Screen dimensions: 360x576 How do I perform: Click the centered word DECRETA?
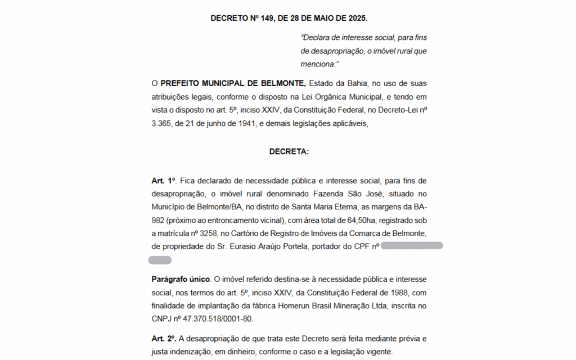coord(289,152)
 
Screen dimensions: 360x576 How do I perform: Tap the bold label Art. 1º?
coord(164,181)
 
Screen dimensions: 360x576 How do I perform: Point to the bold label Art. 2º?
coord(164,339)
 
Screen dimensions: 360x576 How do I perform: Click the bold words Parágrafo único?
coord(181,279)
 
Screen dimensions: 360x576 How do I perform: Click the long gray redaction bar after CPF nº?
coord(412,246)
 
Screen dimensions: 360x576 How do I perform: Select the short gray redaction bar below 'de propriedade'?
coord(160,260)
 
